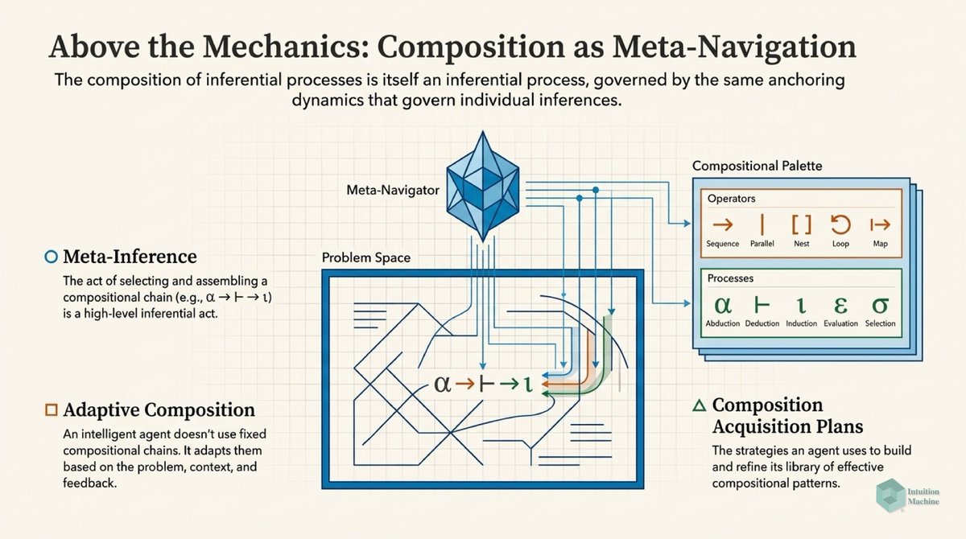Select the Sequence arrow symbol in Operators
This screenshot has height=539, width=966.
point(721,224)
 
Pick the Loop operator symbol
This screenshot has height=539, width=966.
point(840,224)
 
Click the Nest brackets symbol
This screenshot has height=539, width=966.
point(801,224)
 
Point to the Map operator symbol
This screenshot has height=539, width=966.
point(880,224)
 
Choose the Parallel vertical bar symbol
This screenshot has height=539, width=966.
point(761,224)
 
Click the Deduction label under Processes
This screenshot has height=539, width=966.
point(762,323)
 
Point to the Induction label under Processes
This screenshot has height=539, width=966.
point(802,323)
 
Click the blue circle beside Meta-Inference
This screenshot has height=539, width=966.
point(51,257)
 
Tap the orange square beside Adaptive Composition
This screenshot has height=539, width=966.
point(51,409)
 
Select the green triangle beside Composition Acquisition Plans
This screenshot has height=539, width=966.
point(698,405)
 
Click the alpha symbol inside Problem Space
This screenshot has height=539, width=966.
point(442,383)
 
